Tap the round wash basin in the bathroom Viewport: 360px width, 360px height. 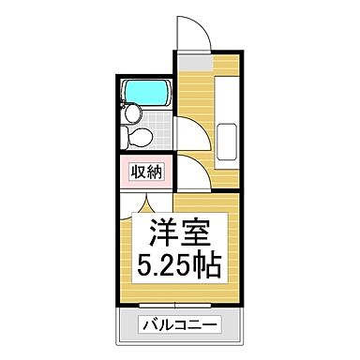(x=135, y=114)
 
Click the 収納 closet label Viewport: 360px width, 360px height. (x=145, y=172)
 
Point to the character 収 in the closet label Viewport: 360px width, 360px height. (x=137, y=172)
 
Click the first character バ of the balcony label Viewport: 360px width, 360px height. (x=150, y=325)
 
